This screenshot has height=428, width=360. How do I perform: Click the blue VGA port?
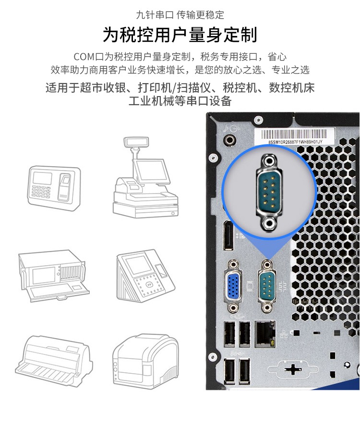233,286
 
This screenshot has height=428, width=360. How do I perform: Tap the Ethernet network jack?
265,334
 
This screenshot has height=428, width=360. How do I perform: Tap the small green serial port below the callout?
267,286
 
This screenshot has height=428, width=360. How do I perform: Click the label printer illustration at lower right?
145,361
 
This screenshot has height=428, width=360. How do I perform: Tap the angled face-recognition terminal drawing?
145,275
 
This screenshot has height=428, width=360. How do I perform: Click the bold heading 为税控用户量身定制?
180,35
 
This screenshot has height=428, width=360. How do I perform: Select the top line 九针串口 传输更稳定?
180,15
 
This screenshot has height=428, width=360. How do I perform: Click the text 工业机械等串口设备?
180,101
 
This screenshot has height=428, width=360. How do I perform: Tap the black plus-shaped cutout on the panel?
293,369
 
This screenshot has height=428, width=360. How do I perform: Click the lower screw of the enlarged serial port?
269,223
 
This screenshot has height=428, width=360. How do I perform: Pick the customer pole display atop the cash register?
136,142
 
